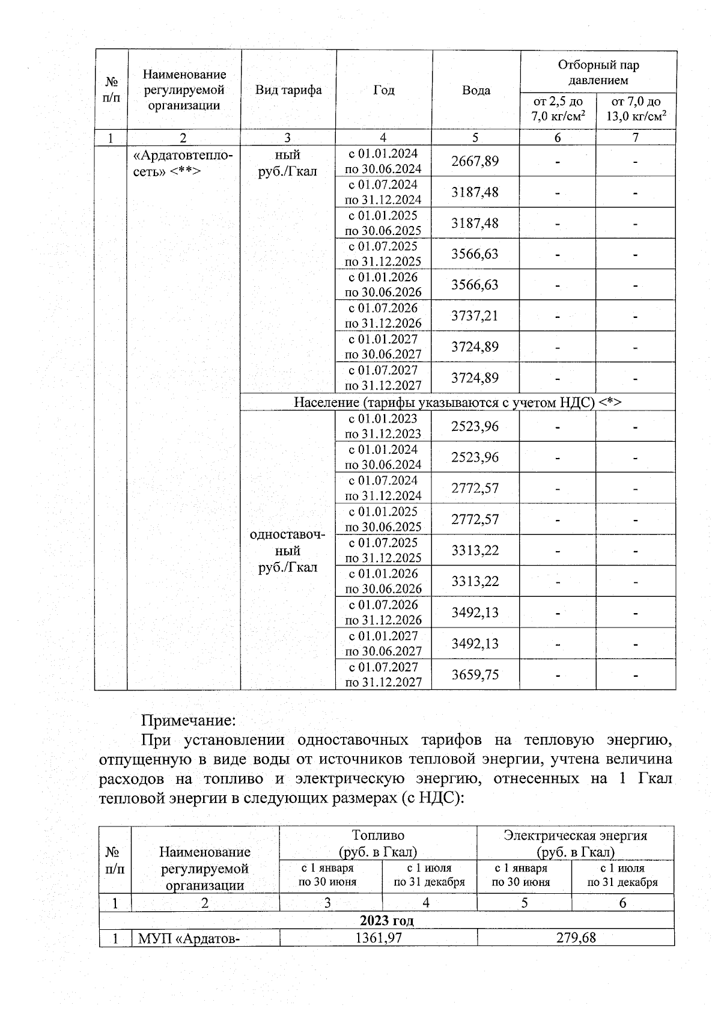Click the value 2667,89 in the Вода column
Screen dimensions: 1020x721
coord(475,161)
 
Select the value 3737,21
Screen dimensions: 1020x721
coord(475,316)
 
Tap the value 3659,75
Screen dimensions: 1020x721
coord(475,674)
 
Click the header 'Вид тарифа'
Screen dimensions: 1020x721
coord(288,90)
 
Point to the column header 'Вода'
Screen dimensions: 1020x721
coord(476,90)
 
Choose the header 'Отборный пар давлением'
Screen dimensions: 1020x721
coord(598,73)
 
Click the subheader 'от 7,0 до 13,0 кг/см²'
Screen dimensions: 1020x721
coord(636,109)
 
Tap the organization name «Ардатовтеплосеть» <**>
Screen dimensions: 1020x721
coord(183,163)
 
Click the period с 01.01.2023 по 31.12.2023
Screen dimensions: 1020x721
coord(383,426)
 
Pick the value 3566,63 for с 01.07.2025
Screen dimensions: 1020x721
coord(475,254)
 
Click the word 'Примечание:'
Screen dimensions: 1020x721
coord(188,719)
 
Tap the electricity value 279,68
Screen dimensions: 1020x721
coord(576,937)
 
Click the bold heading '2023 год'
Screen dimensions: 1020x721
coord(386,920)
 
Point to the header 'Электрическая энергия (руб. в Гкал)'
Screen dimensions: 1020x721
coord(575,843)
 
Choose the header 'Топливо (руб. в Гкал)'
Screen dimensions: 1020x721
coord(378,843)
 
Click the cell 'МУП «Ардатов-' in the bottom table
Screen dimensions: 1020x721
coord(189,938)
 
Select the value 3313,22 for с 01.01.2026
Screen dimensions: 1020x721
coord(475,581)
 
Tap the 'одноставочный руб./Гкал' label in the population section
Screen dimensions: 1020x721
coord(288,551)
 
